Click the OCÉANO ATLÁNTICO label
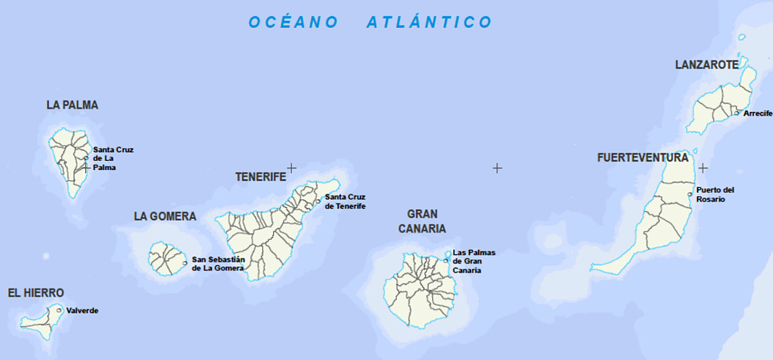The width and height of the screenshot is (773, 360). pos(370,22)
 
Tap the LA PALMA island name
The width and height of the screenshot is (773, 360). pos(72,105)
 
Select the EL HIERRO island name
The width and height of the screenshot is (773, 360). pos(36,293)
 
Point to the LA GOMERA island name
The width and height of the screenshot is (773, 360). pos(165,216)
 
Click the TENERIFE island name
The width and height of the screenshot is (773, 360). pos(260,177)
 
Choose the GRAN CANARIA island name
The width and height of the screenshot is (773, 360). pos(422,221)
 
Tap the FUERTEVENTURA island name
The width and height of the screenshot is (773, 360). pos(643,158)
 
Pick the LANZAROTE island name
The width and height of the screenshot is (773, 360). pos(707,65)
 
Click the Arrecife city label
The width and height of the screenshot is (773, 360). pos(758,113)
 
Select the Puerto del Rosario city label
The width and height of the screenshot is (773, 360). pos(715,195)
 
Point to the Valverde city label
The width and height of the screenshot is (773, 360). pos(82,311)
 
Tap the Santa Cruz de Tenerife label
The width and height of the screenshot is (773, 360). pos(345,202)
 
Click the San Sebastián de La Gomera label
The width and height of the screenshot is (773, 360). pos(218,264)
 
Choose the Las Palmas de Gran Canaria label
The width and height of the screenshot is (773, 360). pos(474,261)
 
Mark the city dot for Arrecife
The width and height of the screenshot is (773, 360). pos(737,113)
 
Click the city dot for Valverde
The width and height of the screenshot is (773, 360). pos(59,310)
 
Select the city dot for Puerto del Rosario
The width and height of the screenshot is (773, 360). pos(690,194)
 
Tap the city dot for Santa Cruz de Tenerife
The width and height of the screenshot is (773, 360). pos(318,201)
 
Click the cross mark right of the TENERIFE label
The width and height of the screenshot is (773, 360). pos(291,168)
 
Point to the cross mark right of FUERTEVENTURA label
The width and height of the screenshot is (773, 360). pos(703,168)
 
